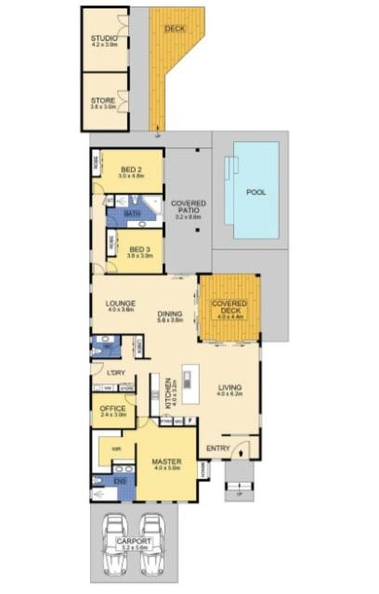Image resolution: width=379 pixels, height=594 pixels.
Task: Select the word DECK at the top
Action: tap(174, 30)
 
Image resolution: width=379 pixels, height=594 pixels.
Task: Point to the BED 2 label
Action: tap(131, 169)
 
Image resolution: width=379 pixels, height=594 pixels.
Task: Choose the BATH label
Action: tap(132, 213)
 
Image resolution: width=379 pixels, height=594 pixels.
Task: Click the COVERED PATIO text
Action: tap(188, 207)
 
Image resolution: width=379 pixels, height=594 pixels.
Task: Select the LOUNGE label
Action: tap(121, 303)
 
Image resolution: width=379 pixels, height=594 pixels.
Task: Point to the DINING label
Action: tap(169, 314)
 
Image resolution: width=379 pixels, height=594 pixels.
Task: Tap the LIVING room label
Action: tap(229, 388)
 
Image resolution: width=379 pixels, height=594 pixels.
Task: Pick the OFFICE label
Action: tap(112, 409)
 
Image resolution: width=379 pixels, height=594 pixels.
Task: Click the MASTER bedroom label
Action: tap(166, 462)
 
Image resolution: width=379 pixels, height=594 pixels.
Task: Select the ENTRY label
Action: tap(218, 449)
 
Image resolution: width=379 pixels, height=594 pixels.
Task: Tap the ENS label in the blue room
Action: tap(119, 482)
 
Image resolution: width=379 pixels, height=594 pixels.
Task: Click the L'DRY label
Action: tap(116, 373)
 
